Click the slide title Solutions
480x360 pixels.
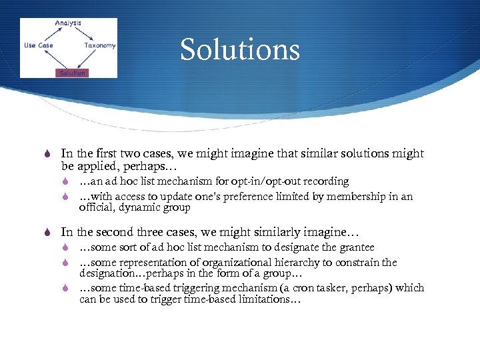coord(239,50)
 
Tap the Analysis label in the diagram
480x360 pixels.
coord(67,23)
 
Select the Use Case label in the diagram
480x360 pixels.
coord(39,45)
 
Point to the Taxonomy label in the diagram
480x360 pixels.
coord(100,45)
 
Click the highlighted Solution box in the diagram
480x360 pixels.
coord(72,73)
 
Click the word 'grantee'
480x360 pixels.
coord(355,247)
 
